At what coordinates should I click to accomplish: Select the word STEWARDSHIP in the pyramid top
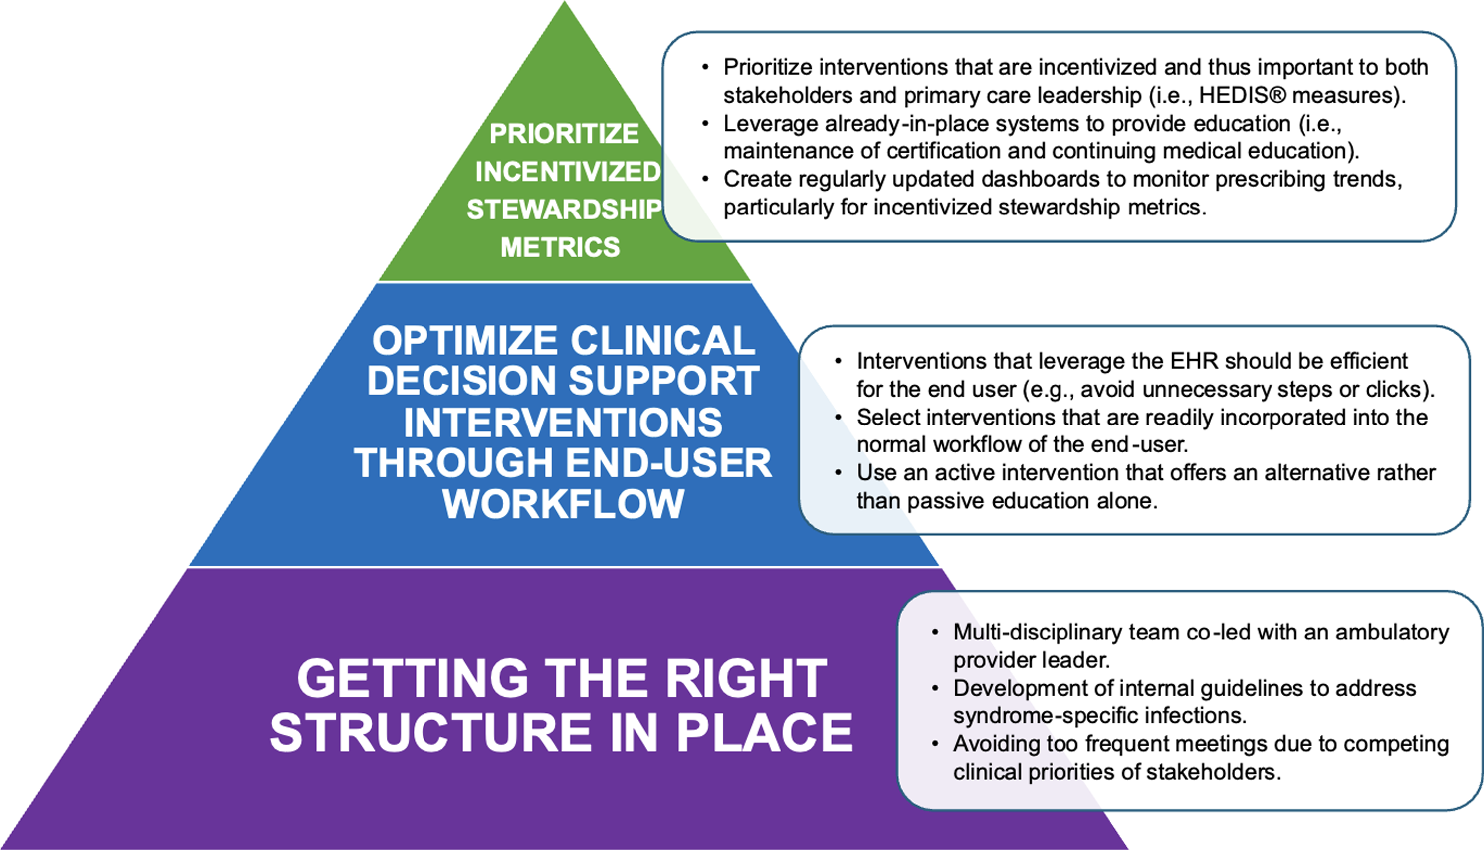click(x=564, y=209)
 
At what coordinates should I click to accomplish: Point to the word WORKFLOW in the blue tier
click(x=563, y=503)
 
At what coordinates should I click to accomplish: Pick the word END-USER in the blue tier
click(x=668, y=462)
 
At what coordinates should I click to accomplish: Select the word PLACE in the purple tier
click(x=765, y=732)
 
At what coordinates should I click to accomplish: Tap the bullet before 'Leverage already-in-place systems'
click(x=705, y=124)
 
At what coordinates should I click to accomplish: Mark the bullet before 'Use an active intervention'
click(x=839, y=473)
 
